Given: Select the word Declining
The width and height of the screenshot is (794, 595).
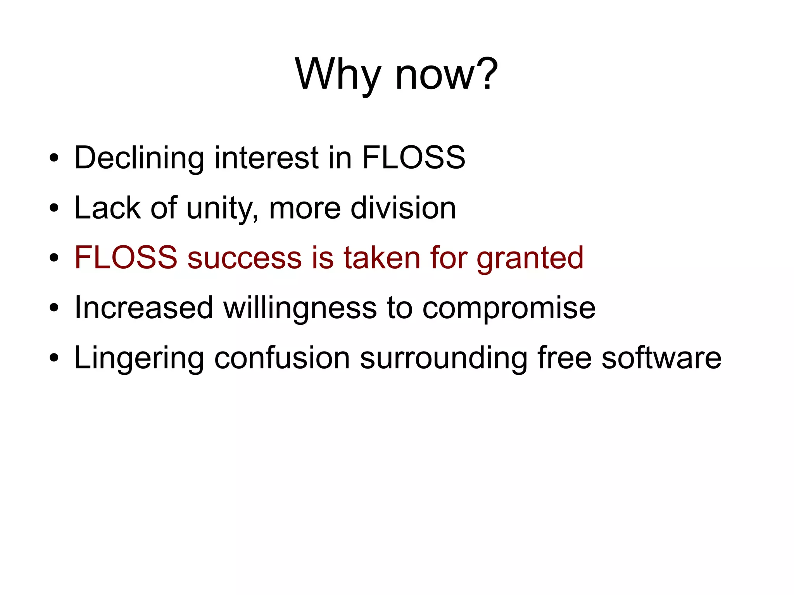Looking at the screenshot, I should (139, 158).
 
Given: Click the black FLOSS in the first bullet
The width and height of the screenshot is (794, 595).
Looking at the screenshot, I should (413, 158).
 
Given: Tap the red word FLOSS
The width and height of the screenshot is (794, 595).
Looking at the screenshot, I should (126, 258).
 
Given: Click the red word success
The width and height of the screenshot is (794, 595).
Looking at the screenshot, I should (245, 258).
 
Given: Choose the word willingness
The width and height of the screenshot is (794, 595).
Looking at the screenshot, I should (300, 308).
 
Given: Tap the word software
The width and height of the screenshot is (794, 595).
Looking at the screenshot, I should (661, 358).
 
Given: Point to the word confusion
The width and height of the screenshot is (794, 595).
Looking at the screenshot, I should (282, 358).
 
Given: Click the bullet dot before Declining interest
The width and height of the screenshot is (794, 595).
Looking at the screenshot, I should (54, 159).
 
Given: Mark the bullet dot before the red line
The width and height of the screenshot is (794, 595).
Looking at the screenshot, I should (54, 258).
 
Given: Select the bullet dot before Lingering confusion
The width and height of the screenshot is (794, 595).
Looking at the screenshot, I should (54, 358).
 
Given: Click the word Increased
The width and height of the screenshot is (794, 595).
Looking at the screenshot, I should (144, 308).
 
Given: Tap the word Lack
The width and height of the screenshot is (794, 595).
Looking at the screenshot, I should (107, 208).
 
